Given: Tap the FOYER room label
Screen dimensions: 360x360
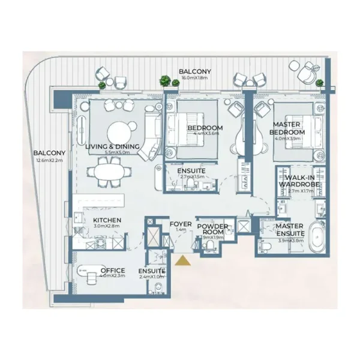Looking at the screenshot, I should coord(181,224).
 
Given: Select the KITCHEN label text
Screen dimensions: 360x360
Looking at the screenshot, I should coord(107,220).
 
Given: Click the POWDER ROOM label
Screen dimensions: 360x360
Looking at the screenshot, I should coord(213,229).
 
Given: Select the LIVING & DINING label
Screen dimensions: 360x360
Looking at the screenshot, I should coord(112,146).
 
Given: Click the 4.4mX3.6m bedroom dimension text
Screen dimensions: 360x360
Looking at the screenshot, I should coord(205,135).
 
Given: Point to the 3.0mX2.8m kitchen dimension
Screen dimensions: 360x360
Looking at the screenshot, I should coord(107,227).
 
